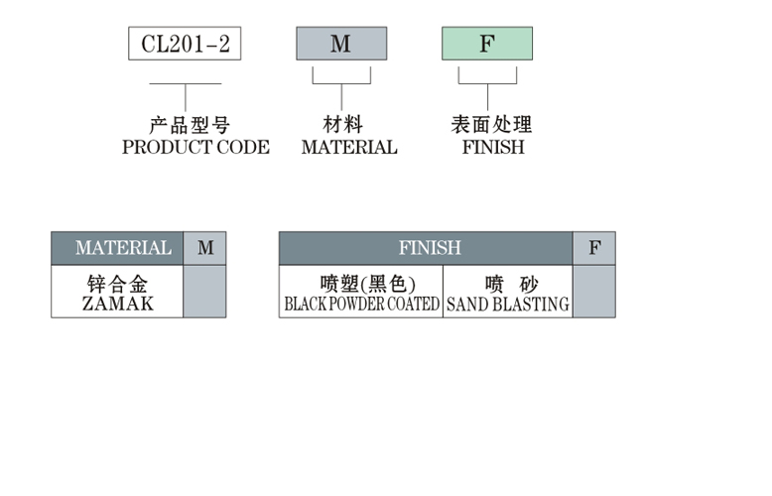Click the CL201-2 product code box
pyautogui.click(x=185, y=44)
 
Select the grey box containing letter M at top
pyautogui.click(x=340, y=44)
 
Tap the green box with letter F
pyautogui.click(x=486, y=44)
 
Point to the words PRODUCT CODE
pyautogui.click(x=195, y=147)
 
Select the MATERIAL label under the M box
pyautogui.click(x=349, y=147)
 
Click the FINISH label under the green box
pyautogui.click(x=493, y=147)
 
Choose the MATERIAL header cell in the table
pyautogui.click(x=117, y=248)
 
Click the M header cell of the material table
pyautogui.click(x=204, y=248)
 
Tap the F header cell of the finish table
pyautogui.click(x=593, y=248)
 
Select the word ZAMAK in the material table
pyautogui.click(x=117, y=305)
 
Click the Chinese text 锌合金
pyautogui.click(x=117, y=284)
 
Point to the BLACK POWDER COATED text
pyautogui.click(x=361, y=305)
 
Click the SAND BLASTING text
pyautogui.click(x=508, y=305)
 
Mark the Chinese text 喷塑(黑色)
pyautogui.click(x=361, y=284)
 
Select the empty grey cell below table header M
pyautogui.click(x=204, y=292)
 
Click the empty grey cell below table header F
pyautogui.click(x=593, y=292)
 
